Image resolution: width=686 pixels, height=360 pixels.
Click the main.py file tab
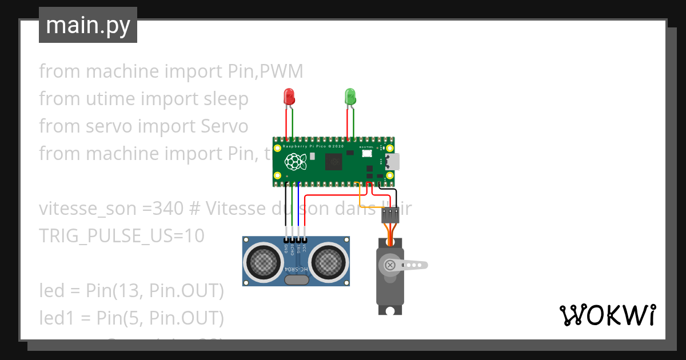pos(88,25)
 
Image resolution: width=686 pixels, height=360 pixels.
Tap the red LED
pos(289,96)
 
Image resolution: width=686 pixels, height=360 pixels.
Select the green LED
pos(350,96)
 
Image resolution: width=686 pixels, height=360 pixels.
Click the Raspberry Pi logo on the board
pos(294,162)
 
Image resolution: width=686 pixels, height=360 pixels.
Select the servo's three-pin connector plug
pos(390,214)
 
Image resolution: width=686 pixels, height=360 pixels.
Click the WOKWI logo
pos(607,315)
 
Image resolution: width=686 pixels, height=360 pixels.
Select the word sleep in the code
pos(226,99)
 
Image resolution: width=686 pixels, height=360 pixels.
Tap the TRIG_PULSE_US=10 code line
pos(121,235)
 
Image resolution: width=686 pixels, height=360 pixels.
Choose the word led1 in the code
pos(55,318)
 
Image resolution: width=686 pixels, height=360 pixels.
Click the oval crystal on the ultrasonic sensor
pos(296,280)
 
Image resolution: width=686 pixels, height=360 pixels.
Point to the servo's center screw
pos(390,265)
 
